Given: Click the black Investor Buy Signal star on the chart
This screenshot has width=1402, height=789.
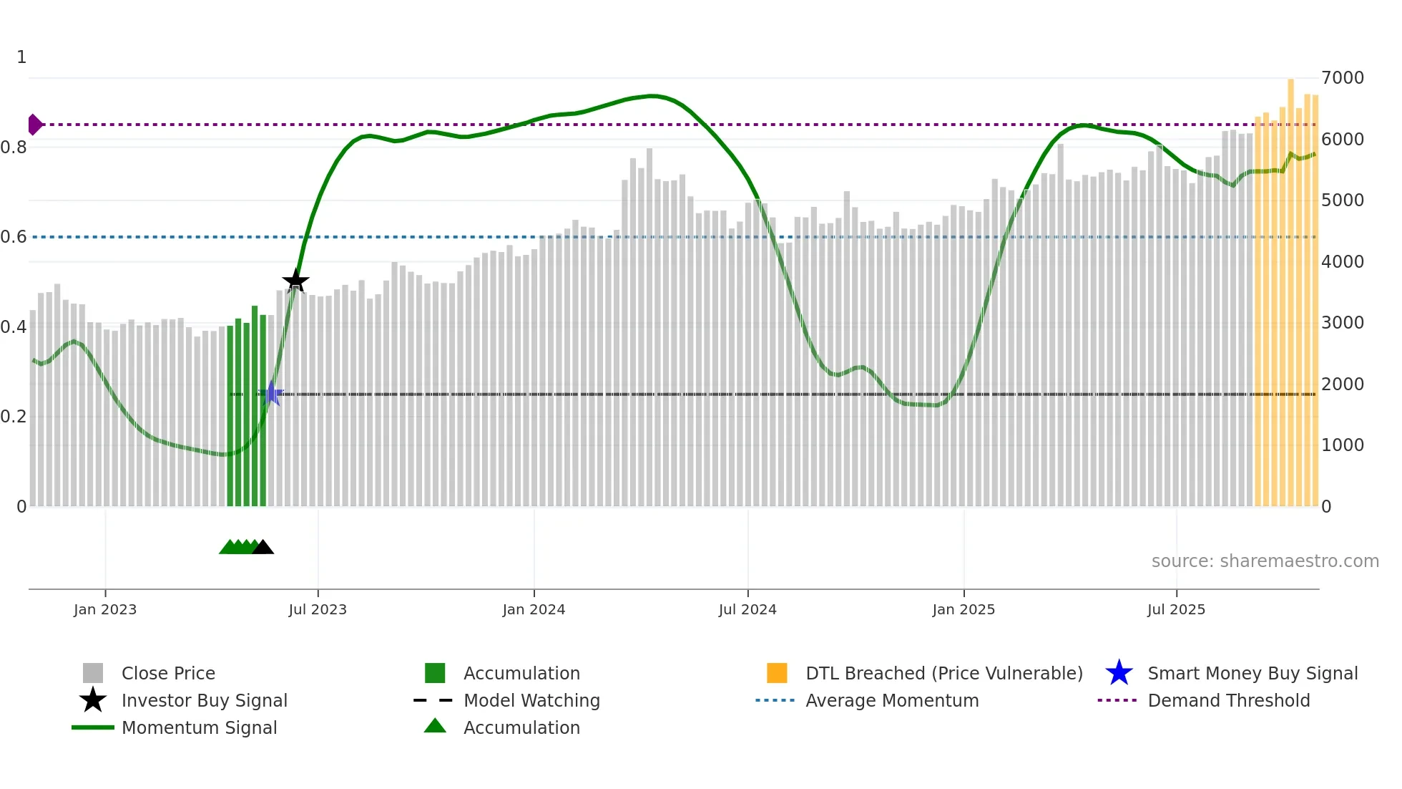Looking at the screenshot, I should (295, 281).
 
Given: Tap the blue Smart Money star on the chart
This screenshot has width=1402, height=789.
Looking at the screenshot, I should (271, 394).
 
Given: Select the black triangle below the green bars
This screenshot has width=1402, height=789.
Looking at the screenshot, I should (263, 547).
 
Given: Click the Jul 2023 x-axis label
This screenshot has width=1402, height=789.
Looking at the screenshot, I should (318, 609).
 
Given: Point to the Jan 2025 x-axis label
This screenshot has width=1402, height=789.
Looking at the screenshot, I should (964, 609).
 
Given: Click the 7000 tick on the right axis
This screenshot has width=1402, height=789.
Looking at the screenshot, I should (1343, 77).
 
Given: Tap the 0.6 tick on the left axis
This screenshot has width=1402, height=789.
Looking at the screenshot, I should (14, 237).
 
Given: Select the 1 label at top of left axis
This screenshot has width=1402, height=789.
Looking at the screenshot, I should (21, 57).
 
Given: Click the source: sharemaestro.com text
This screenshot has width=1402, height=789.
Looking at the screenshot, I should (1265, 561).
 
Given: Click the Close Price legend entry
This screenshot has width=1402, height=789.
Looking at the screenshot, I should (168, 673).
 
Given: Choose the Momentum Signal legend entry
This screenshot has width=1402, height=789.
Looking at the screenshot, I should (199, 727).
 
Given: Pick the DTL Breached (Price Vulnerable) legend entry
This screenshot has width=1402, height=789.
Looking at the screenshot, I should (943, 673).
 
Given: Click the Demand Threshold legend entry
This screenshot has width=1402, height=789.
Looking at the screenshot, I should (1228, 700).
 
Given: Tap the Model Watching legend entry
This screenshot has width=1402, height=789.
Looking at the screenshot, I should (531, 700).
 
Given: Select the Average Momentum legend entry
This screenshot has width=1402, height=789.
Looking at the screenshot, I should (891, 700).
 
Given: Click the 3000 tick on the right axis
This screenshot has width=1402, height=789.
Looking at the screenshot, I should (1343, 323).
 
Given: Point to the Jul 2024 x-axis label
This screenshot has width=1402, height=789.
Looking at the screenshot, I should (747, 609).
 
